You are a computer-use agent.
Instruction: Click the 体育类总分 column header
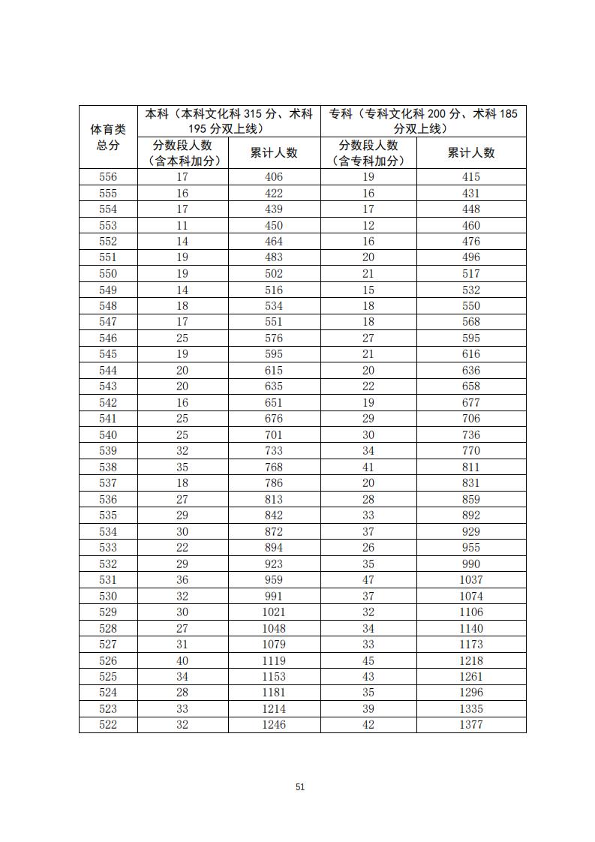coord(108,137)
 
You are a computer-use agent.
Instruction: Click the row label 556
coord(108,177)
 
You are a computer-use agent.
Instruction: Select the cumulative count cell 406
coord(274,177)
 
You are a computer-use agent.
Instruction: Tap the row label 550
coord(108,274)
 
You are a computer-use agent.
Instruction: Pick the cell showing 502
coord(274,274)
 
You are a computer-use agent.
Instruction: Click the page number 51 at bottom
coord(300,786)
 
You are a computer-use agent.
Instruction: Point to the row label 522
coord(108,725)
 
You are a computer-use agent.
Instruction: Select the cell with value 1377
coord(471,725)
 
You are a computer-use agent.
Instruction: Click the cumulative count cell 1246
coord(274,725)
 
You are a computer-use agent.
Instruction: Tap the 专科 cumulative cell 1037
coord(471,580)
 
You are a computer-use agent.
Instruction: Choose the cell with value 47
coord(368,580)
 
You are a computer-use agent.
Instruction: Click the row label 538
coord(108,467)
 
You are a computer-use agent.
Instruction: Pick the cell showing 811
coord(471,467)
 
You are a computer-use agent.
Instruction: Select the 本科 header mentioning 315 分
coord(229,121)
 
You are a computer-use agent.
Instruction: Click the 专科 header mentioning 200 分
coord(423,121)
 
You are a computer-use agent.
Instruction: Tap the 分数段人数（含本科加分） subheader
coord(182,153)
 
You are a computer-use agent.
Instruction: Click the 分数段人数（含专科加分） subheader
coord(368,153)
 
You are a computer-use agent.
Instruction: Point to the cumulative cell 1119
coord(274,661)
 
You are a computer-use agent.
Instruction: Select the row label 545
coord(108,354)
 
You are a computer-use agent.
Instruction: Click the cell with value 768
coord(274,467)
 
